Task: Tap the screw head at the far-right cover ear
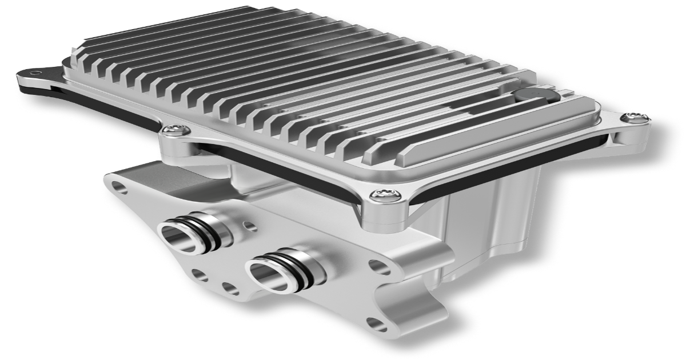coord(633,117)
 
